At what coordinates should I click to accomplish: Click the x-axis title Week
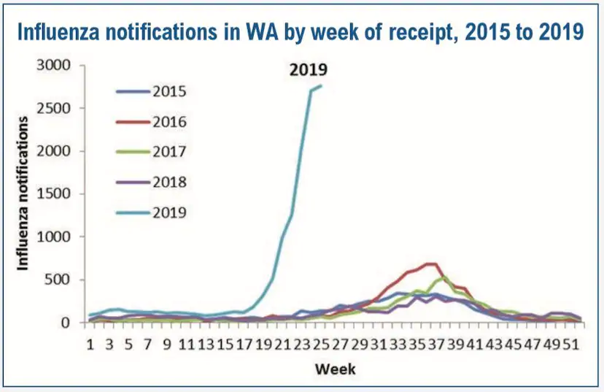click(x=336, y=369)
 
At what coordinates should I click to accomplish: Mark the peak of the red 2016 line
click(x=431, y=264)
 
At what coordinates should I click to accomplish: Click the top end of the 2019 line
click(x=321, y=85)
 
